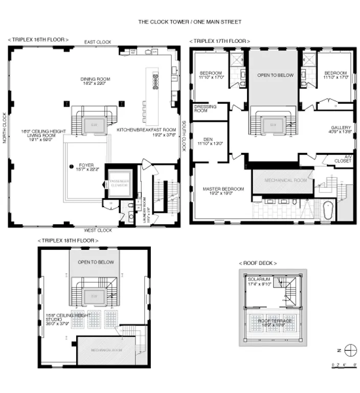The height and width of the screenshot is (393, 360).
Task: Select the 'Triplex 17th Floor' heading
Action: [x=219, y=41]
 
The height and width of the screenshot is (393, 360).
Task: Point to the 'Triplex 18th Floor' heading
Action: [x=68, y=241]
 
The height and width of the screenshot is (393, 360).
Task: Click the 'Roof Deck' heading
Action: [x=258, y=263]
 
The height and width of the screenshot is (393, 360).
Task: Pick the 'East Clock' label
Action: [x=98, y=42]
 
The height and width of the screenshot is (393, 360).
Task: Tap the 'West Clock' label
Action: [x=98, y=230]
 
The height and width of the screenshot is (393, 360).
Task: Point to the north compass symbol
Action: [x=350, y=351]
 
